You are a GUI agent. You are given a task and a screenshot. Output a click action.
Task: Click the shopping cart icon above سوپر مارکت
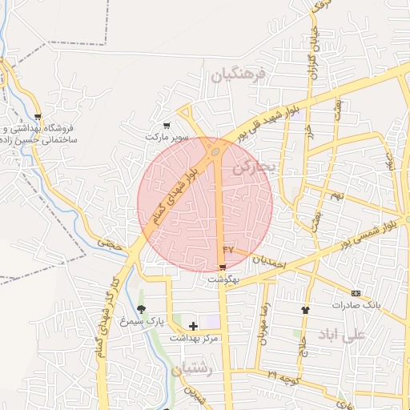pyautogui.click(x=167, y=125)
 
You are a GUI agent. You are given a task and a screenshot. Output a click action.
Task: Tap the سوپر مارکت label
pyautogui.click(x=167, y=137)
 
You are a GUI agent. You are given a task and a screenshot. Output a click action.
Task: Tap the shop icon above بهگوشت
pyautogui.click(x=223, y=267)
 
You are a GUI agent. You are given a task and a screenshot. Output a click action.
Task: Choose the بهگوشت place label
pyautogui.click(x=223, y=279)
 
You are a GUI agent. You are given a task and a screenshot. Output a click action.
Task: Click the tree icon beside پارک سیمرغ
pyautogui.click(x=142, y=309)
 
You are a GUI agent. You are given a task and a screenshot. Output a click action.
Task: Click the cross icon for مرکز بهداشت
pyautogui.click(x=193, y=326)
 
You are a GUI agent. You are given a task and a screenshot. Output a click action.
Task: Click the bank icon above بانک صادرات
pyautogui.click(x=355, y=293)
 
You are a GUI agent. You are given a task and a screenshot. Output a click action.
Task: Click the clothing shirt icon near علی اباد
pyautogui.click(x=304, y=309)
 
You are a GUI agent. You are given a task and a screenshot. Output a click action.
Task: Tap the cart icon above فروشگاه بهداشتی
pyautogui.click(x=38, y=117)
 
